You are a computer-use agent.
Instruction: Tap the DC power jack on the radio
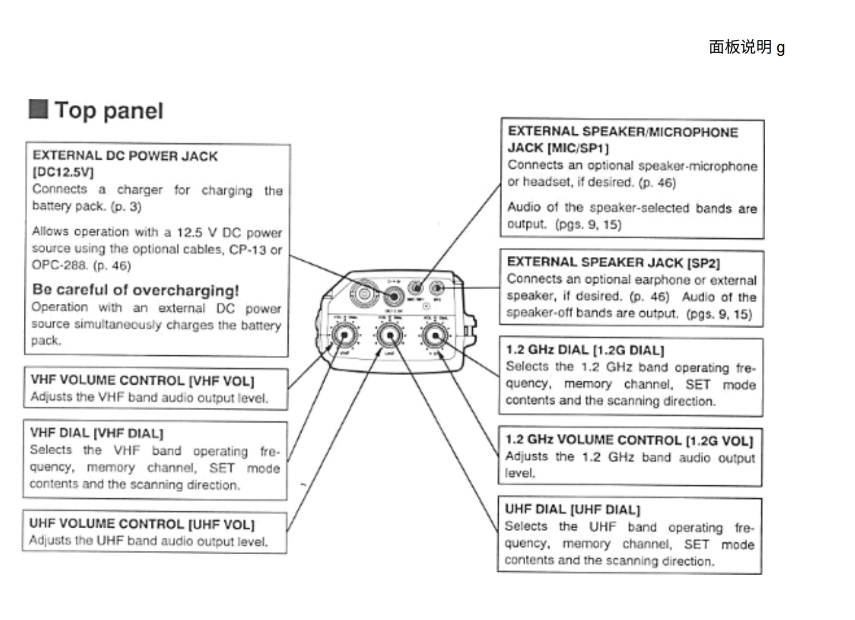click(x=393, y=296)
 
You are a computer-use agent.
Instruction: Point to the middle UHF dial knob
click(x=389, y=335)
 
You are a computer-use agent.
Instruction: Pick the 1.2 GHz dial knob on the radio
click(x=435, y=335)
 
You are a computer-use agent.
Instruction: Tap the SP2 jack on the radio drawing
click(x=437, y=288)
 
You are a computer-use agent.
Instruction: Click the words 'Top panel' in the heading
click(x=109, y=111)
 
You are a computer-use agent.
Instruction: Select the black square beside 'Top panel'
click(x=38, y=109)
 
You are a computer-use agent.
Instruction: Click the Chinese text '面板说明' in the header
click(x=740, y=48)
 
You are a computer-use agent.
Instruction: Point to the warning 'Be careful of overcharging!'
click(x=135, y=290)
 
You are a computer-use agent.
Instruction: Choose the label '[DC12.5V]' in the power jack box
click(x=63, y=172)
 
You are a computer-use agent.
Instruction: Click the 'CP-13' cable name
click(x=247, y=250)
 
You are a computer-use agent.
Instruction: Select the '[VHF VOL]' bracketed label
click(x=221, y=381)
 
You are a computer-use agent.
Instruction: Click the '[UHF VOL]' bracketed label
click(x=221, y=524)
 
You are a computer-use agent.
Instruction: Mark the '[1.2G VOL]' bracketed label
click(x=719, y=441)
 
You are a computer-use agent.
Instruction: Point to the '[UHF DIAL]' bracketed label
click(x=605, y=509)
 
